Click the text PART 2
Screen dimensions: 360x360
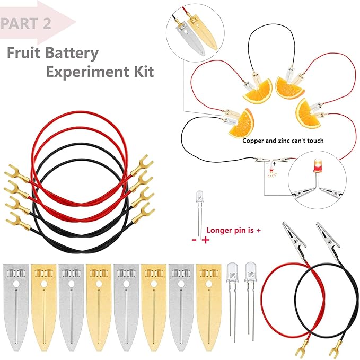coord(27,24)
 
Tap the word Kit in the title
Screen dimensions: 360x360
coord(142,71)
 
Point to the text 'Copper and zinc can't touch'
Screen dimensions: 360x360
coord(283,141)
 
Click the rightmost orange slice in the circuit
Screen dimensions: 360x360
coord(308,112)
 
